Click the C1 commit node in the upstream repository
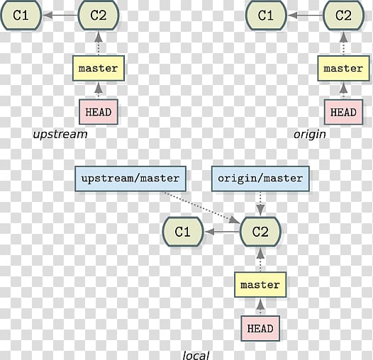[21, 15]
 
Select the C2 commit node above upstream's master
[99, 15]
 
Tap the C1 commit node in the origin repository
[266, 15]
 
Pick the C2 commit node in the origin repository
[343, 15]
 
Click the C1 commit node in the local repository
[183, 231]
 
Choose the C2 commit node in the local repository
[260, 231]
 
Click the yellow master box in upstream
[99, 68]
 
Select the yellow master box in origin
[343, 68]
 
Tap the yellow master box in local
[260, 285]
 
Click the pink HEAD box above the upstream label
[99, 112]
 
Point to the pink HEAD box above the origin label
[343, 112]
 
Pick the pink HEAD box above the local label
[260, 328]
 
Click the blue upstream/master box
[130, 179]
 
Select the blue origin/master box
[260, 179]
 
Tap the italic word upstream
[60, 135]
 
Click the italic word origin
[310, 135]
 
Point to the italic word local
[196, 356]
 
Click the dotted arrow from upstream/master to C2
[201, 208]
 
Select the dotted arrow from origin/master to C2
[260, 204]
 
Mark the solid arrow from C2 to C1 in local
[222, 231]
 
